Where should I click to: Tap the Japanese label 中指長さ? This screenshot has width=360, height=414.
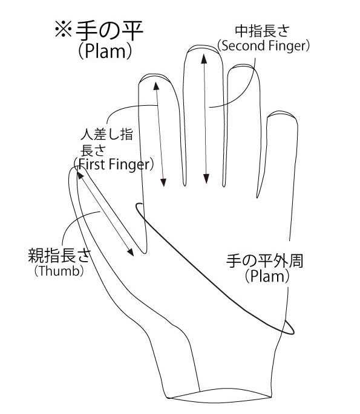pos(262,31)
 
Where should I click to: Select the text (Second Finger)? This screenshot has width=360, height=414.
pos(263,45)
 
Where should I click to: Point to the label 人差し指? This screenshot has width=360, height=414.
pos(106,134)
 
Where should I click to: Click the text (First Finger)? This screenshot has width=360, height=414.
pos(114,164)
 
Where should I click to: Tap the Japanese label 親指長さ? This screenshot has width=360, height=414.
pos(59,255)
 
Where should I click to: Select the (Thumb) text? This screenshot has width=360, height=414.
pos(59,271)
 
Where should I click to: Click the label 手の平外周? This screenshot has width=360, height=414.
pos(264,261)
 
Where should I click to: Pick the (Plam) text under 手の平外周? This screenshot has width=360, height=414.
pos(267,276)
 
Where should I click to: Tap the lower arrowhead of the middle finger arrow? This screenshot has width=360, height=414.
pos(206,179)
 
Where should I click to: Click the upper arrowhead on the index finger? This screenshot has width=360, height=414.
pos(156,86)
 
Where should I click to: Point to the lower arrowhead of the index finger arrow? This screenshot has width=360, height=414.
pos(163,183)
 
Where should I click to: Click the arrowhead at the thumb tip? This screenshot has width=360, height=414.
pos(80,175)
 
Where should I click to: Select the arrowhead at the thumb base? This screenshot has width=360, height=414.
pos(130,252)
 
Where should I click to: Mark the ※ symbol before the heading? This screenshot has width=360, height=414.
pos(63,29)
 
